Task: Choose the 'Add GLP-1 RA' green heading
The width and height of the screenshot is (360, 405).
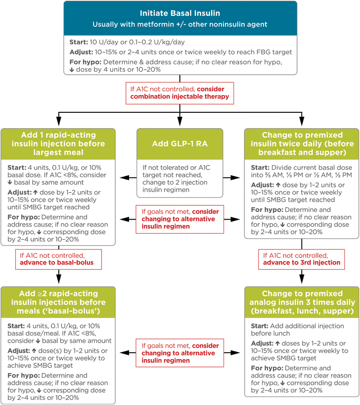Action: point(180,144)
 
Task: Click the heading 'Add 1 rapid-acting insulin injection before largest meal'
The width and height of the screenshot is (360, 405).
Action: point(59,144)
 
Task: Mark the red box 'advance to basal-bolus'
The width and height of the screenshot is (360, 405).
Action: point(59,259)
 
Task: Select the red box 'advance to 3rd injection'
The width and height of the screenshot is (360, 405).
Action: point(301,259)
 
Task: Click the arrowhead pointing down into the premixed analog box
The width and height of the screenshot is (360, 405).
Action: point(301,281)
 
